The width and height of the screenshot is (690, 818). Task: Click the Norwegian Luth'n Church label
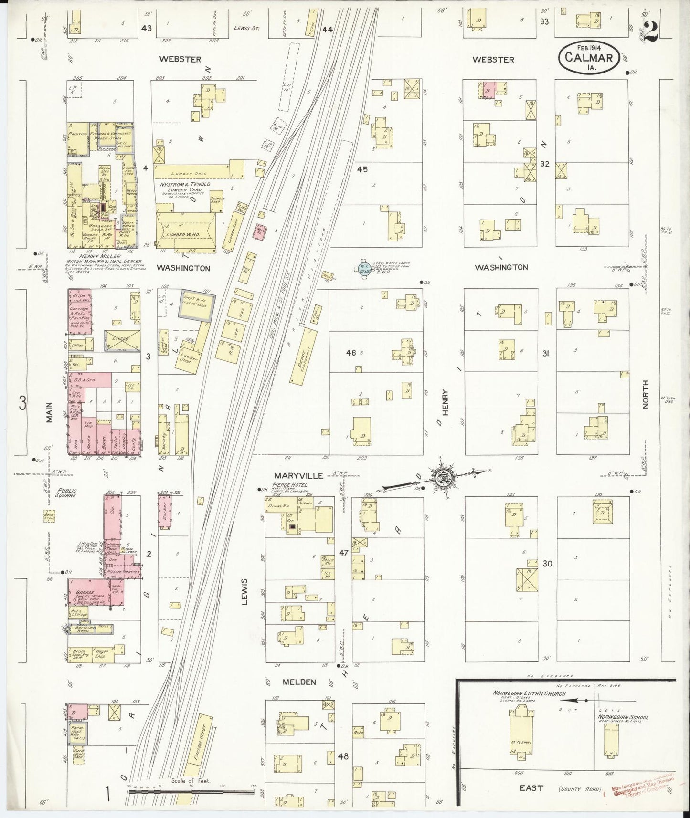tap(529, 693)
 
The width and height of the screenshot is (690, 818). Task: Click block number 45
tap(362, 169)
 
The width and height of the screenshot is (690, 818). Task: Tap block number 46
tap(351, 353)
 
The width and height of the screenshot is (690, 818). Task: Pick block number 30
tap(547, 564)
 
